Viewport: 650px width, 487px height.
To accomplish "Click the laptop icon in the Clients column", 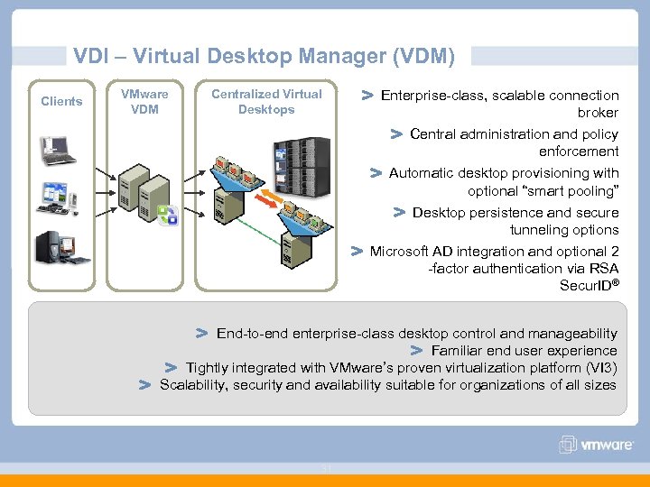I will (57, 150).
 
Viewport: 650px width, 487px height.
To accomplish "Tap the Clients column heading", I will (61, 101).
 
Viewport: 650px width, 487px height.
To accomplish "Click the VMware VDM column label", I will (144, 101).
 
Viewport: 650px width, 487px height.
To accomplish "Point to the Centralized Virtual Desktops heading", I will (266, 101).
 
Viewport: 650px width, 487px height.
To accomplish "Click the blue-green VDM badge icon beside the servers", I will (168, 215).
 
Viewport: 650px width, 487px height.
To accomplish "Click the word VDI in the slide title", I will (89, 57).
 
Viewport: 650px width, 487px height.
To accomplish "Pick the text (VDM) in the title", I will (423, 57).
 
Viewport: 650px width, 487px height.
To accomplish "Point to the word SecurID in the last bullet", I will (587, 286).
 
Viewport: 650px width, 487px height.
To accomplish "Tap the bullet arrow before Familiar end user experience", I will (416, 350).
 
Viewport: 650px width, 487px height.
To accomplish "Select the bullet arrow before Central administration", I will (395, 134).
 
